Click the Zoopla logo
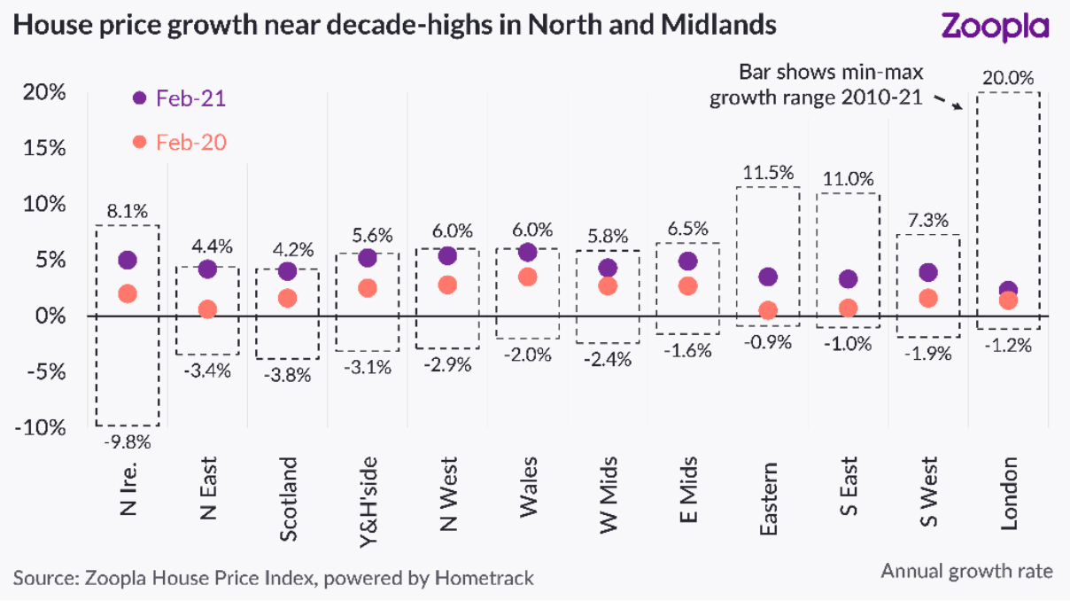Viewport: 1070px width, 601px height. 995,27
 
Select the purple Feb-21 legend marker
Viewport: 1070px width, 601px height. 139,98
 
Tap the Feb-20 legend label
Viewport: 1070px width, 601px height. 190,142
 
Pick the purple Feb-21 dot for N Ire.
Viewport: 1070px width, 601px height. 128,260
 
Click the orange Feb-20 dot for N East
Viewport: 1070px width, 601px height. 207,309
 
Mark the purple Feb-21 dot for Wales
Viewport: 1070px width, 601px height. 528,253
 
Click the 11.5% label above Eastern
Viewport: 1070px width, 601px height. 767,172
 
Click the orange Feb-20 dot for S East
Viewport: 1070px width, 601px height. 848,308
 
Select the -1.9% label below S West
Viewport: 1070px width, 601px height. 927,353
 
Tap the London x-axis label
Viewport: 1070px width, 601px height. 1008,495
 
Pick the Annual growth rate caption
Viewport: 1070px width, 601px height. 966,571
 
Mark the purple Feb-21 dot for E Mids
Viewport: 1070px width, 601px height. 687,261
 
